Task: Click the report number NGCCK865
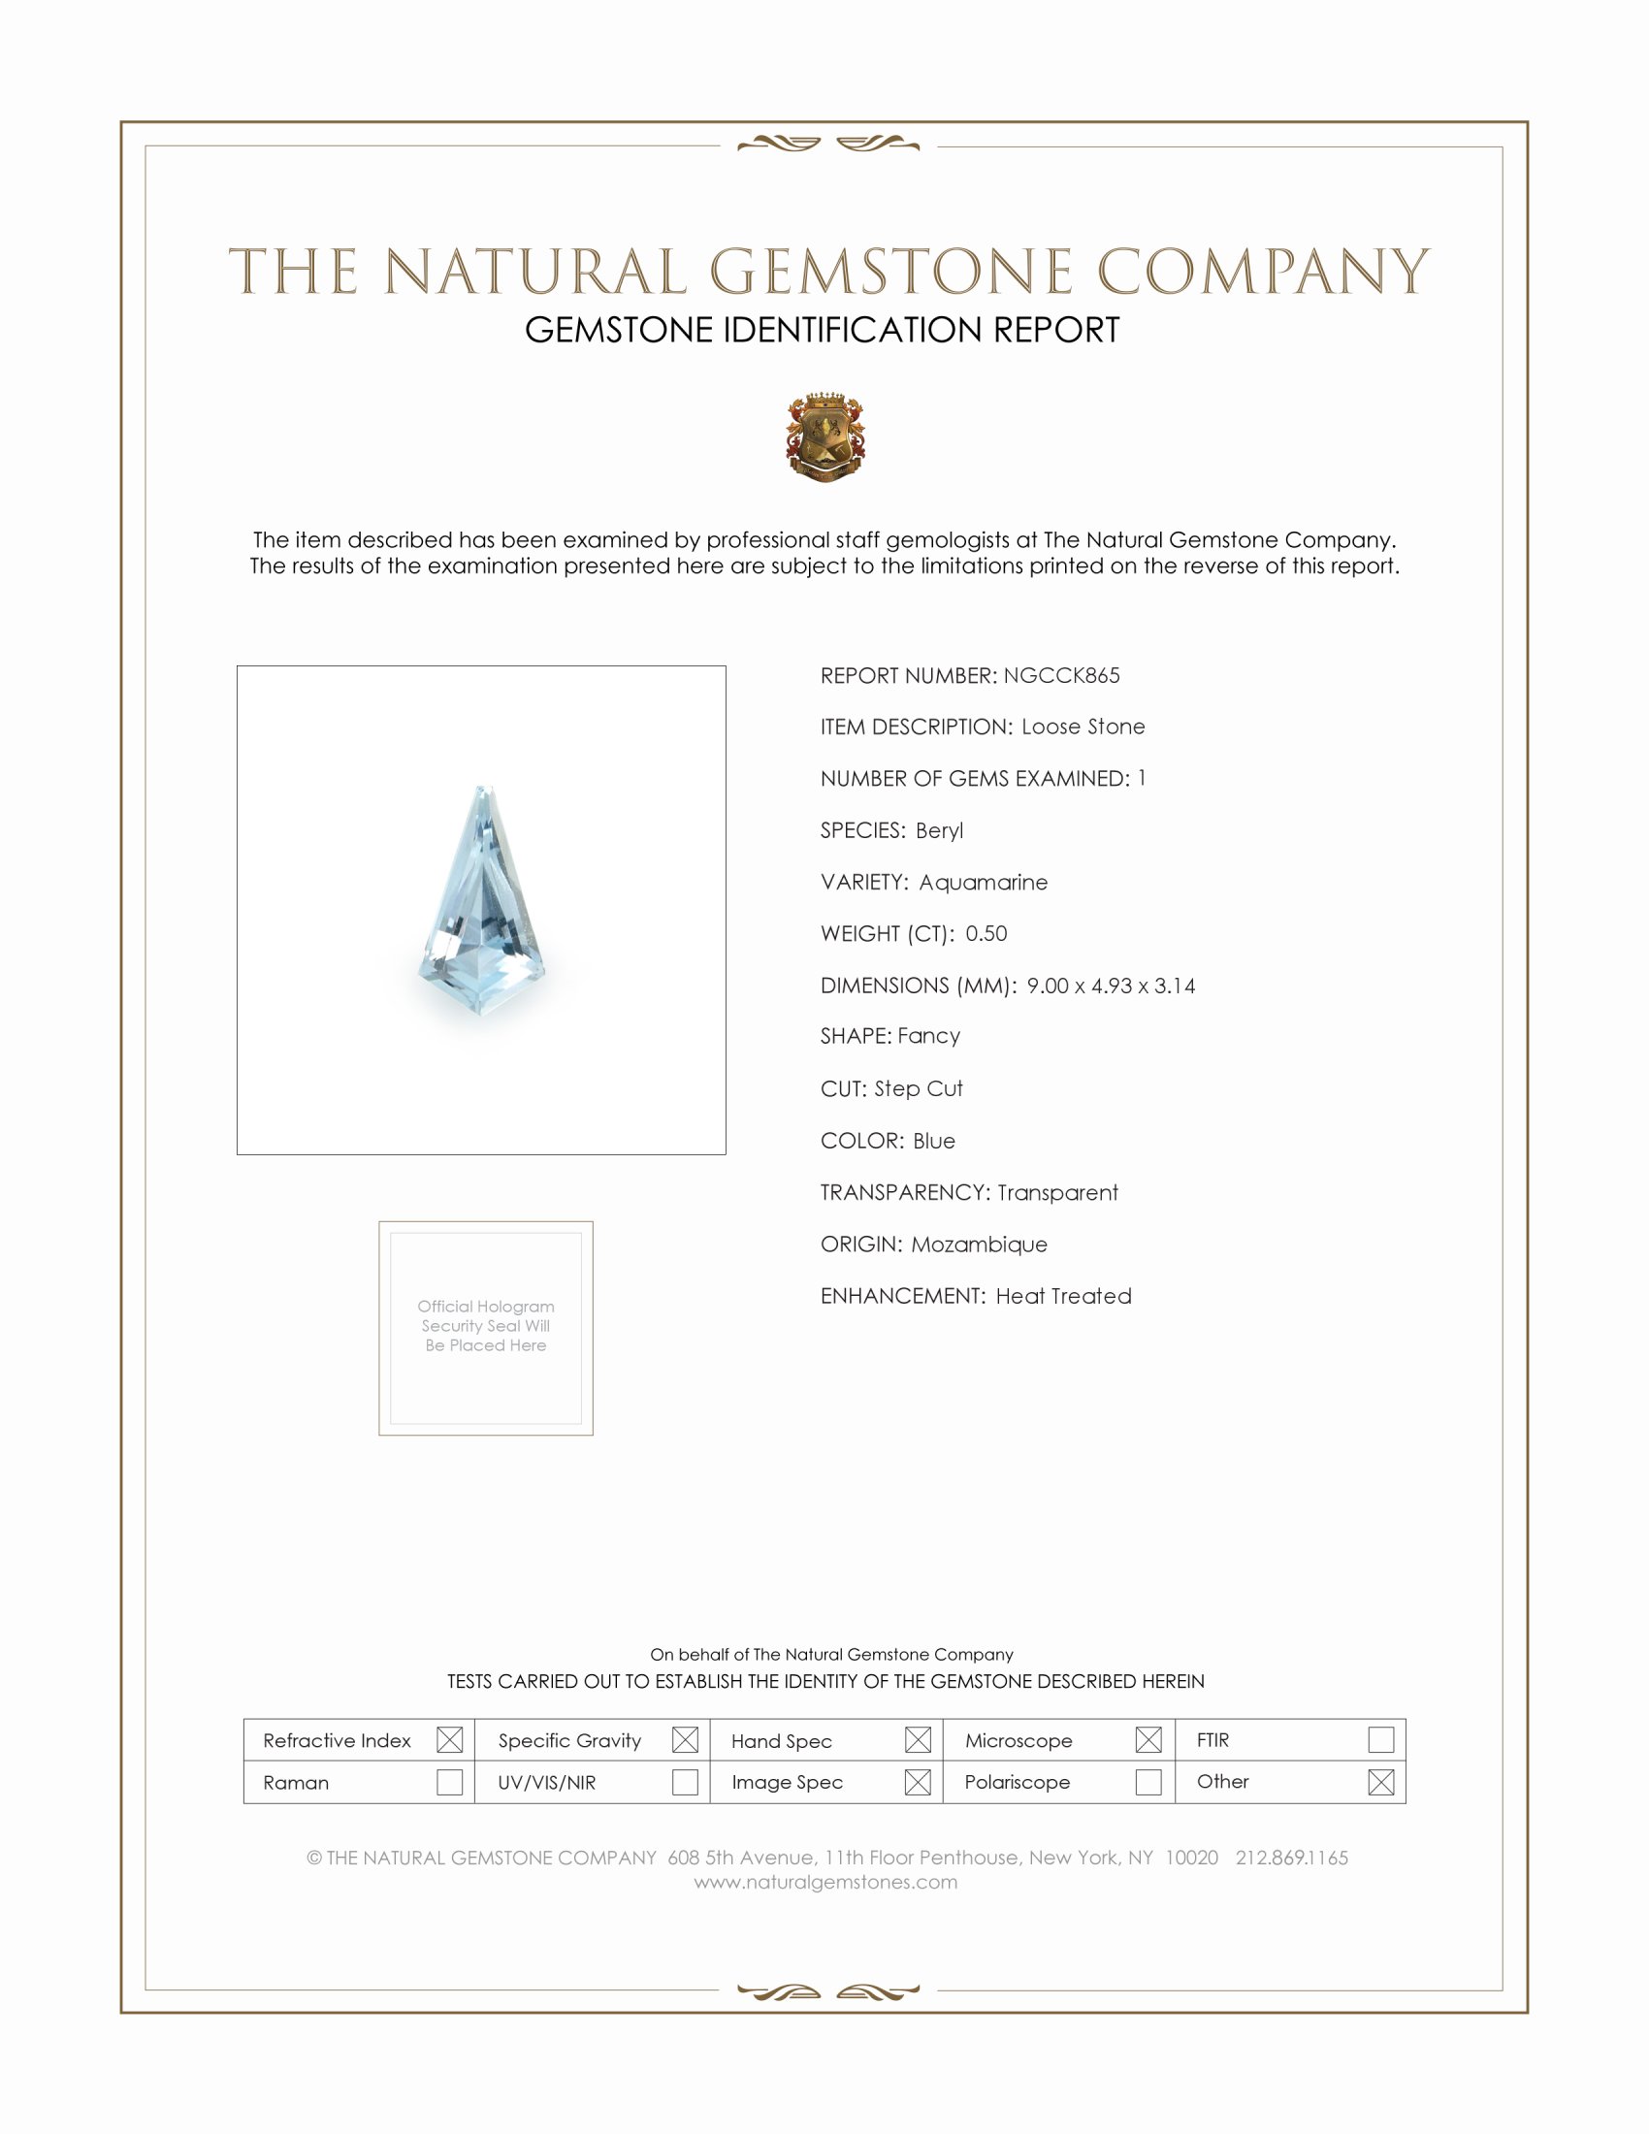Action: [1061, 675]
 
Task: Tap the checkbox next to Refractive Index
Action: [449, 1739]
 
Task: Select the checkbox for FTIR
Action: [1380, 1739]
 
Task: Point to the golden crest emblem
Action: [825, 436]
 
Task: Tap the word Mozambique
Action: [979, 1244]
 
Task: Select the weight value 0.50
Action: [986, 933]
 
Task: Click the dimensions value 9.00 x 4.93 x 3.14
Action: [1111, 985]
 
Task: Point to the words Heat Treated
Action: [1064, 1296]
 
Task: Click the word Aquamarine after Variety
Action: [983, 882]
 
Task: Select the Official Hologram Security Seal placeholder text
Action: [486, 1325]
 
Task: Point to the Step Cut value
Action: [919, 1088]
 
